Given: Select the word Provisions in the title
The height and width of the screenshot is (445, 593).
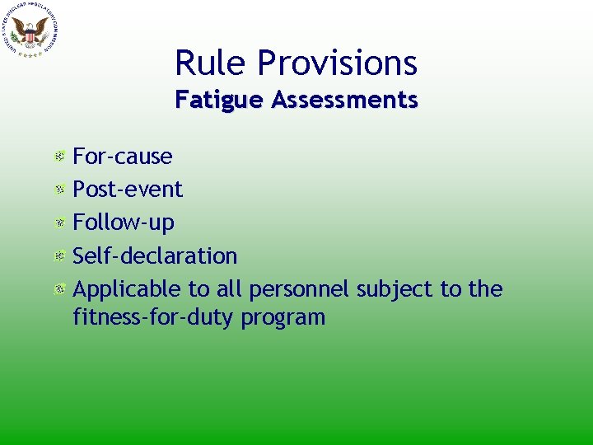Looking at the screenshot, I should [338, 63].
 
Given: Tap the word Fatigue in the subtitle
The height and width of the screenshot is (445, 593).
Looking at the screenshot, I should [219, 101].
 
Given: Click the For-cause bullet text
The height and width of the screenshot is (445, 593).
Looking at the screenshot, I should [123, 156].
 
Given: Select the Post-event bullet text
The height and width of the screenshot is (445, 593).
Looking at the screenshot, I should [128, 189].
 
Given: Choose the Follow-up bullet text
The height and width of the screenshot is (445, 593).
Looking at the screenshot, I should [124, 222].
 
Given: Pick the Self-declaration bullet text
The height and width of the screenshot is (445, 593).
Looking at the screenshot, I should [155, 255].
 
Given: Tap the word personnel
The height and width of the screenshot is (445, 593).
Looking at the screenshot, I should [301, 288].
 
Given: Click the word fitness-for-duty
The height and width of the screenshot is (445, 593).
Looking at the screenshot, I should [154, 317].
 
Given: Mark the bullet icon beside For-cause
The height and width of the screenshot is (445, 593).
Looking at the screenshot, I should [60, 156].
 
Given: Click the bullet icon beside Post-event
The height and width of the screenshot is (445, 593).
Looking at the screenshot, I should [60, 190].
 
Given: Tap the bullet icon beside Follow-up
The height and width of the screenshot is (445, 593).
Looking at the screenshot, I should [60, 222].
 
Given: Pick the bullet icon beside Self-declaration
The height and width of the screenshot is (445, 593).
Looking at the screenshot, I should [60, 256].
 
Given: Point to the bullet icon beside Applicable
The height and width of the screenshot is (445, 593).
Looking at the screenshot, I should [60, 289].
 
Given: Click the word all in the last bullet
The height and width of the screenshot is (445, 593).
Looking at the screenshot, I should [230, 288].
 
